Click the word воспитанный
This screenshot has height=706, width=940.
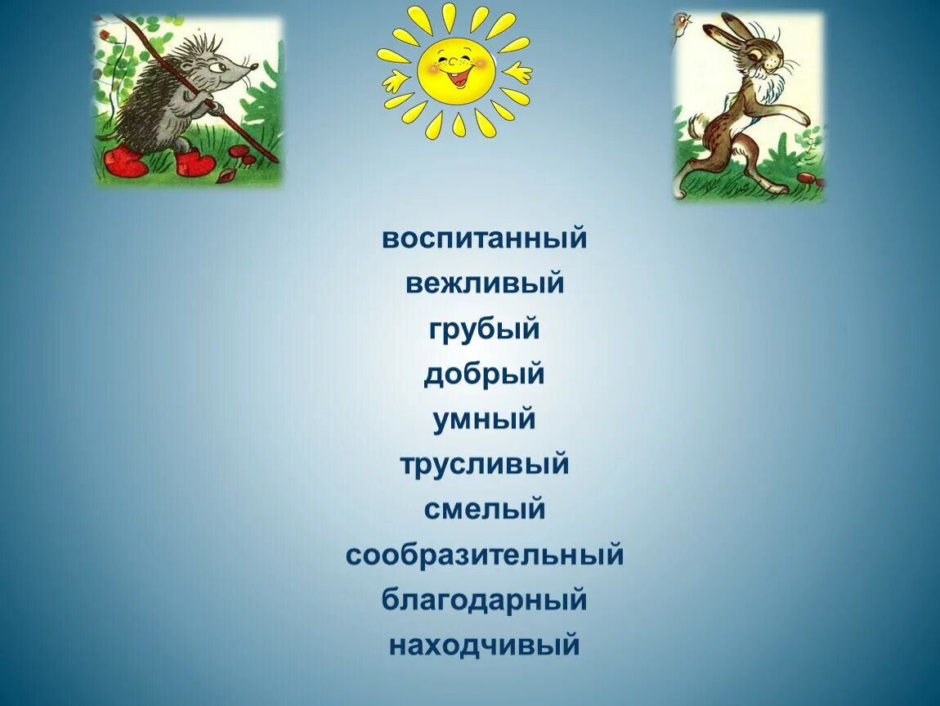coord(484,239)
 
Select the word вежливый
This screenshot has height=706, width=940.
coord(484,284)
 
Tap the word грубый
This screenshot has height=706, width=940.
coord(484,330)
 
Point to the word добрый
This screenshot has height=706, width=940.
coord(484,375)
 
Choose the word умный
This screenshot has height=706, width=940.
coord(484,420)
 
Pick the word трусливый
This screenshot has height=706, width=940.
coord(484,465)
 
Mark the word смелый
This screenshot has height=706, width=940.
coord(484,510)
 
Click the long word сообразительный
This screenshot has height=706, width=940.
coord(484,556)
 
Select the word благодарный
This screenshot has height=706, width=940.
coord(484,600)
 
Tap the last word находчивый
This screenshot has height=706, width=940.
coord(484,646)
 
